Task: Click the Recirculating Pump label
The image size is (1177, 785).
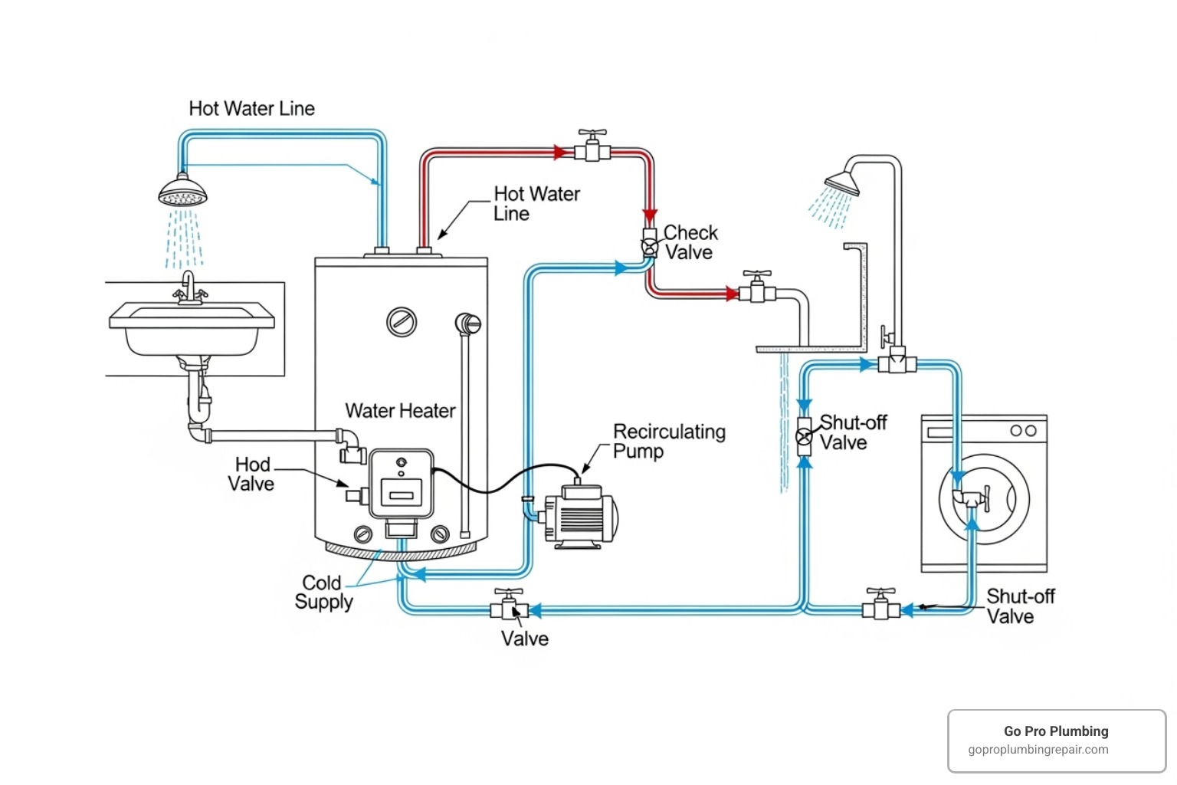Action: (668, 442)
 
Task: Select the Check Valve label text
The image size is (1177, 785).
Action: (690, 242)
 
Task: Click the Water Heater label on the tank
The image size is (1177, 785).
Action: (400, 411)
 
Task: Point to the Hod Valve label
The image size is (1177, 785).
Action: (251, 474)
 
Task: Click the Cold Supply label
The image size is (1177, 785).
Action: (323, 592)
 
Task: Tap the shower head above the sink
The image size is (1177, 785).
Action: (183, 191)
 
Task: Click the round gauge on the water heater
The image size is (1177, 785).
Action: (402, 322)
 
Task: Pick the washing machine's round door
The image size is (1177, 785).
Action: (984, 499)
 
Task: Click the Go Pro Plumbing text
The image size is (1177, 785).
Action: (1056, 731)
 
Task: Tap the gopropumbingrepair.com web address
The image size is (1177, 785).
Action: (1038, 750)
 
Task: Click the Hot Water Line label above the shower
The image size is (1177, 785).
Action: (251, 109)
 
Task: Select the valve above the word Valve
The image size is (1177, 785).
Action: (509, 605)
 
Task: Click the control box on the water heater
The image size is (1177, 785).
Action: (402, 484)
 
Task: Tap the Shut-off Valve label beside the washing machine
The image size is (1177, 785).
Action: (1019, 606)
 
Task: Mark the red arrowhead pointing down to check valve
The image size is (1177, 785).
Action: (650, 215)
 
